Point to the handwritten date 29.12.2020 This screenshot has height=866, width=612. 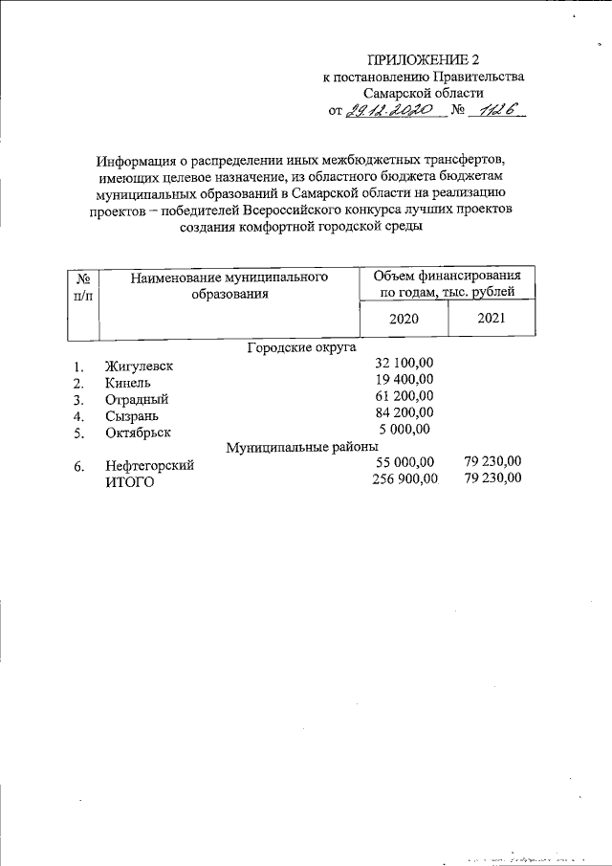point(392,111)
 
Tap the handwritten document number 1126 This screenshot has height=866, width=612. point(496,111)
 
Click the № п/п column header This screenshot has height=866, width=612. point(83,286)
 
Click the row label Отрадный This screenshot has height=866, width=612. point(137,399)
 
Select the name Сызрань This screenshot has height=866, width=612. point(133,416)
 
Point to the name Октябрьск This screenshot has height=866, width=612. point(140,433)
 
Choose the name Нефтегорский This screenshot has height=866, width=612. point(150,466)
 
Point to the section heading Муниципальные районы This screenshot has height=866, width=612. point(302,447)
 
